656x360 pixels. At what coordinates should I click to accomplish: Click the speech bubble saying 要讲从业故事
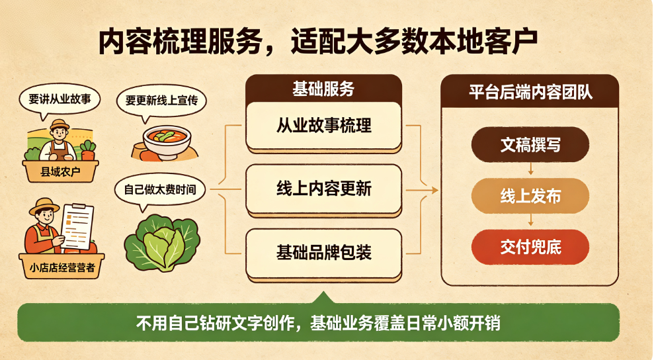pos(60,100)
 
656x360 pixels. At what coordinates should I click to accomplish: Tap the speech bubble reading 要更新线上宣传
pos(161,101)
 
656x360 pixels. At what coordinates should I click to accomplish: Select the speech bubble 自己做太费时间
pos(160,190)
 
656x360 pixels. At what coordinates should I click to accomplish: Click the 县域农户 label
pos(60,171)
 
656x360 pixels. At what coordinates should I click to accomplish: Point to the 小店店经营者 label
pos(62,266)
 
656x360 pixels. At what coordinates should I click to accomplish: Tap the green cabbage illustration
pos(162,242)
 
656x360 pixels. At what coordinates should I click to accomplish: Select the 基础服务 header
pos(323,89)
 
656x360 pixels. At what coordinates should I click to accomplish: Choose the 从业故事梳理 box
pos(323,126)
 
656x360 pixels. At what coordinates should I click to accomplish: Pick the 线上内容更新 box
pos(323,189)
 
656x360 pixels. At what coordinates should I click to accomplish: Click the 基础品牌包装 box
pos(323,252)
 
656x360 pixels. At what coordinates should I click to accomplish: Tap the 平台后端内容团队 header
pos(530,92)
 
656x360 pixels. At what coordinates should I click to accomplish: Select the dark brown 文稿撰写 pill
pos(530,145)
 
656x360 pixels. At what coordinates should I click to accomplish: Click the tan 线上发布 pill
pos(530,196)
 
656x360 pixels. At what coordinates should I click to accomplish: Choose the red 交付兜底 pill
pos(530,247)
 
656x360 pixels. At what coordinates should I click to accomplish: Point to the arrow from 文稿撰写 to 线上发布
pos(530,169)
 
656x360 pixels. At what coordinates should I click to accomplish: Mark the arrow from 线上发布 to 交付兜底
pos(530,220)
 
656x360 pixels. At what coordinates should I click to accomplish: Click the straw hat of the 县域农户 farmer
pos(60,125)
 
